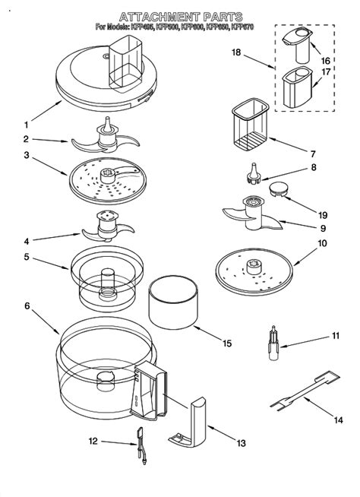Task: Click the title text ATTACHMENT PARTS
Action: (x=181, y=16)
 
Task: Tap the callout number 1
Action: (x=27, y=125)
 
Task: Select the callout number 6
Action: (x=27, y=306)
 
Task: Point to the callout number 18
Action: (x=236, y=52)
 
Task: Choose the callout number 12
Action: (x=93, y=441)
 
